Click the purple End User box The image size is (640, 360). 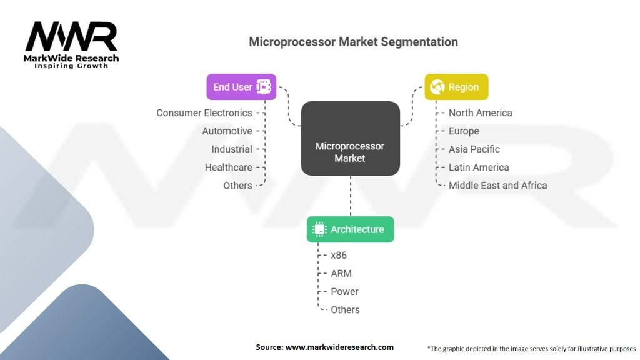pos(241,87)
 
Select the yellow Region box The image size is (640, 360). pos(456,87)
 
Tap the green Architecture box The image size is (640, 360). pos(350,229)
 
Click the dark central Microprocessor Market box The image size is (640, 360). pos(350,152)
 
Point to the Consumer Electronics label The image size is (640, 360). pos(204,113)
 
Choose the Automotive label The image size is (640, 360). pos(227,131)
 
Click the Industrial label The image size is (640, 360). pos(231,149)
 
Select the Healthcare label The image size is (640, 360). pos(228,167)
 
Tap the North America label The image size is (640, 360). pos(480,113)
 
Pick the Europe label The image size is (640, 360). pos(464,131)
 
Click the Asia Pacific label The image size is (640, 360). pos(474,149)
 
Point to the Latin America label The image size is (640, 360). pos(478,167)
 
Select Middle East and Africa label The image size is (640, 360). pos(497,186)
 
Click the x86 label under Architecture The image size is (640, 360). pos(339,256)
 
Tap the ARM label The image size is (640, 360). pos(341,274)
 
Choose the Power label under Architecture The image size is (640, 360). pos(344,292)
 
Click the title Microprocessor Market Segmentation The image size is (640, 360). pos(353,42)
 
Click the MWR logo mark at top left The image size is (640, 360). pos(71,37)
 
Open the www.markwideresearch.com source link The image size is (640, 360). pos(339,347)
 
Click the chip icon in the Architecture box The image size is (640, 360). pos(319,229)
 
